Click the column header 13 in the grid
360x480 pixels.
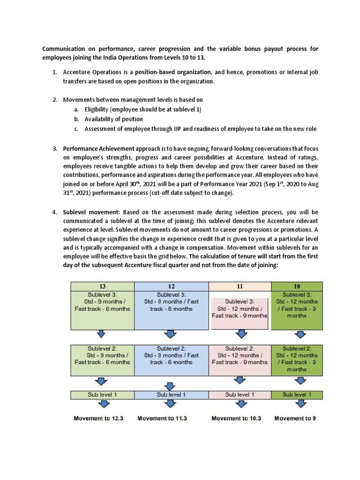pyautogui.click(x=102, y=285)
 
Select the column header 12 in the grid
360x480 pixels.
pyautogui.click(x=172, y=285)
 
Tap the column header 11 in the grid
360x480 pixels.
pyautogui.click(x=240, y=285)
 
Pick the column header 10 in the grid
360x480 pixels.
pyautogui.click(x=297, y=285)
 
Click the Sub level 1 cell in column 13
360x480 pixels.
pyautogui.click(x=102, y=395)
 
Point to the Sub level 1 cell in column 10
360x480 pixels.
pyautogui.click(x=297, y=395)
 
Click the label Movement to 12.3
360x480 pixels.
pyautogui.click(x=98, y=418)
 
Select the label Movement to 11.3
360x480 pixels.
pyautogui.click(x=162, y=418)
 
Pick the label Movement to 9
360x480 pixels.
pyautogui.click(x=295, y=418)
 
